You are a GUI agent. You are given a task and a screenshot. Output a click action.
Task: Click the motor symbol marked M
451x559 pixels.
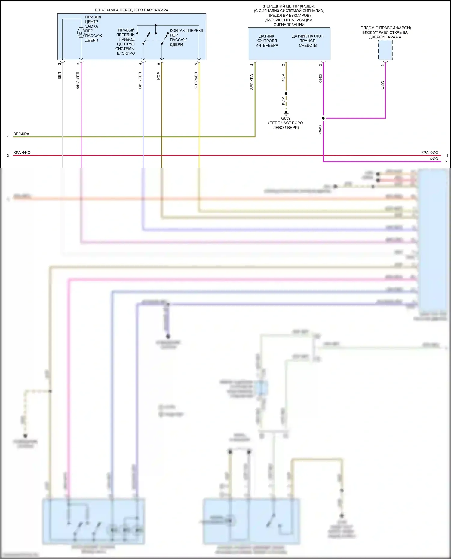(81, 33)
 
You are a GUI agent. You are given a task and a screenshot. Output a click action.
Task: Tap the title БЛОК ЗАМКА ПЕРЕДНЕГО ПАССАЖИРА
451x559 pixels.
(131, 10)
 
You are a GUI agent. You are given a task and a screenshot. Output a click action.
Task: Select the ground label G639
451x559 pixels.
(286, 118)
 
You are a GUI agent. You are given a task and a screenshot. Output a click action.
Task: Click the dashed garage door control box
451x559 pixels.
(385, 50)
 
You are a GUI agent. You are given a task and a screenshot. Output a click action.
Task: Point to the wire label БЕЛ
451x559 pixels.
(60, 76)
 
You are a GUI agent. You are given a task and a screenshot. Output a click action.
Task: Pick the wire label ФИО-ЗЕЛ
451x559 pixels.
(78, 80)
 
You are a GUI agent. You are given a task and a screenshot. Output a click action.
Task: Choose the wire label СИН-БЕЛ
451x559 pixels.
(140, 80)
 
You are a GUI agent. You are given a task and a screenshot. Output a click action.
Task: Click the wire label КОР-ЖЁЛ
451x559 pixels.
(196, 81)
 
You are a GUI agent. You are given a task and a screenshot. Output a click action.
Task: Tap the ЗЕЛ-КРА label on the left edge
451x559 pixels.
(21, 134)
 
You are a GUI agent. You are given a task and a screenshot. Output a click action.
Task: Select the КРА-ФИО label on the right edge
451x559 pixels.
(429, 153)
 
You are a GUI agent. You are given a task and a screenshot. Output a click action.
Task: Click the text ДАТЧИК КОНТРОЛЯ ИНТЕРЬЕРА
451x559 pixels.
(267, 41)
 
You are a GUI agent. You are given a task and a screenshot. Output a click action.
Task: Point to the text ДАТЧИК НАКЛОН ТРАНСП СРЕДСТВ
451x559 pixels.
(308, 41)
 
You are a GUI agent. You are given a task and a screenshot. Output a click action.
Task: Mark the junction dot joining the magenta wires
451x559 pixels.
(323, 118)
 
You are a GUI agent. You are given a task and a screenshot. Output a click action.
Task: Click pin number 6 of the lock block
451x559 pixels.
(159, 64)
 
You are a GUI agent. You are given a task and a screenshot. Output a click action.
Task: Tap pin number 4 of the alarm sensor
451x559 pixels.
(252, 65)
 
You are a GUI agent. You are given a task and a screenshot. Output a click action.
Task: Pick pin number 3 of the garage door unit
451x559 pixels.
(382, 65)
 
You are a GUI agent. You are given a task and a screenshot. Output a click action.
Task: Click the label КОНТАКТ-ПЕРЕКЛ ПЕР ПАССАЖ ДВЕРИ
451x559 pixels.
(186, 38)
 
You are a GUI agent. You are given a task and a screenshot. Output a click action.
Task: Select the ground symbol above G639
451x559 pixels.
(286, 113)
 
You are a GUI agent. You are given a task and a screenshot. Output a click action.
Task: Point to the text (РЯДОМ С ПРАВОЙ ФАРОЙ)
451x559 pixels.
(385, 28)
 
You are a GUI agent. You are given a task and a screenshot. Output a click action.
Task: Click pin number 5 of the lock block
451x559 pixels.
(196, 64)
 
